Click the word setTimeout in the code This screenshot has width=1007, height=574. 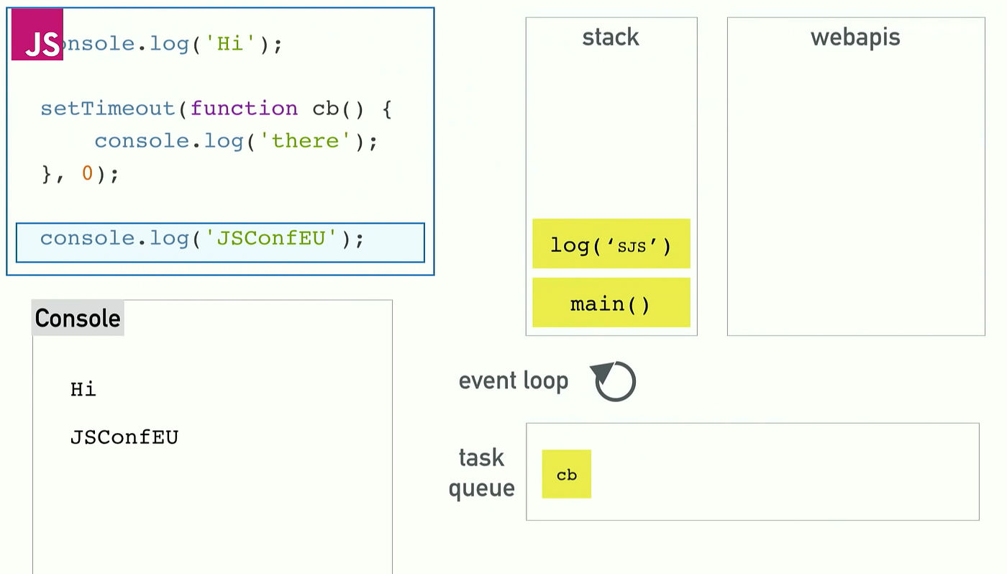tap(108, 109)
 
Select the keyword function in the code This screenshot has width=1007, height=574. tap(244, 109)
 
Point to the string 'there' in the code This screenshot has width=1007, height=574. tap(306, 141)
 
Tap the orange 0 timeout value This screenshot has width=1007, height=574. tap(87, 173)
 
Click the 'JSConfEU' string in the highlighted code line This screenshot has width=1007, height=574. tap(272, 238)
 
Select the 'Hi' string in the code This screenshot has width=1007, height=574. tap(230, 44)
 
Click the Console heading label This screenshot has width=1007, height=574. tap(78, 318)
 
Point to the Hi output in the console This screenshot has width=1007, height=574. tap(83, 390)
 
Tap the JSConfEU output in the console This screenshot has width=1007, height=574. tap(124, 437)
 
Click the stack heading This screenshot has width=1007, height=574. tap(611, 37)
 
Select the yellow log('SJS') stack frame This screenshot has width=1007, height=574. tap(611, 244)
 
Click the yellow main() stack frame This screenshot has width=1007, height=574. tap(611, 303)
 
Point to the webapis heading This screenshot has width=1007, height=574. tap(855, 37)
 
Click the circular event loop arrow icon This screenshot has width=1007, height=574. tap(615, 381)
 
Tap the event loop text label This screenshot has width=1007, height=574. tap(514, 381)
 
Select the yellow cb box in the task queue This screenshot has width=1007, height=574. tap(567, 474)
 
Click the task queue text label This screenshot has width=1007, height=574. tap(481, 473)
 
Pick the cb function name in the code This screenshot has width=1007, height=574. tap(325, 109)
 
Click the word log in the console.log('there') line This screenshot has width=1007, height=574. tap(224, 141)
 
